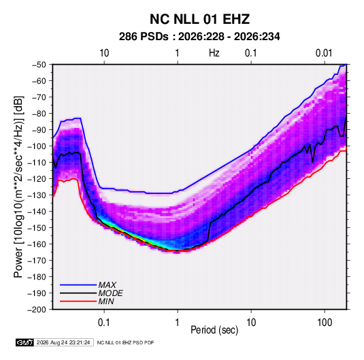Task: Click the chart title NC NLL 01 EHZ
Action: (x=199, y=19)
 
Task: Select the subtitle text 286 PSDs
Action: (x=144, y=37)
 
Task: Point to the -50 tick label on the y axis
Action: (x=39, y=65)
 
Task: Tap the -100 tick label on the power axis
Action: (x=37, y=146)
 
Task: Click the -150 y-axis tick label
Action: (x=37, y=228)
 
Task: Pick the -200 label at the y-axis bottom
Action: (x=37, y=310)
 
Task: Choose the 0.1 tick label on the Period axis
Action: (x=104, y=323)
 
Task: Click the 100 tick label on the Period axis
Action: (x=325, y=323)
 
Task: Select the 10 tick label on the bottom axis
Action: (x=251, y=323)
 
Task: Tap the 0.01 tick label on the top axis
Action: (x=324, y=53)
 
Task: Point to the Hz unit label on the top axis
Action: (x=214, y=53)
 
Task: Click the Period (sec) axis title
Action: (x=214, y=330)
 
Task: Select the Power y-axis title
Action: (x=18, y=187)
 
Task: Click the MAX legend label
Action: (x=107, y=285)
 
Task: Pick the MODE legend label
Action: (x=110, y=293)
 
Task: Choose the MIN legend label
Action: (x=106, y=301)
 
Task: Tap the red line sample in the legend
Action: (x=78, y=301)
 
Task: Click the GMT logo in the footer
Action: (x=24, y=342)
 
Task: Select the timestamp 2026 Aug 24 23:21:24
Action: (x=63, y=342)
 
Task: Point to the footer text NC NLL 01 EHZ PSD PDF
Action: (x=125, y=342)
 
